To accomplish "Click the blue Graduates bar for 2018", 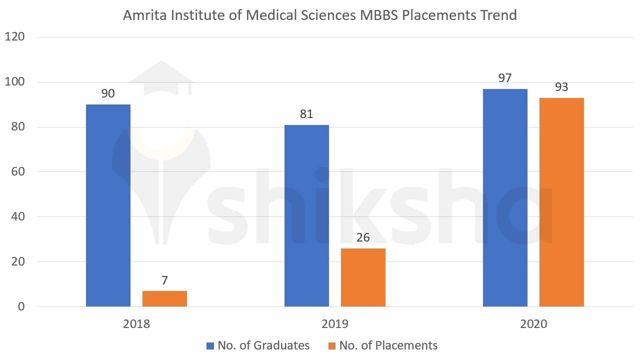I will pos(108,205).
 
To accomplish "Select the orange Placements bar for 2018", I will pos(164,298).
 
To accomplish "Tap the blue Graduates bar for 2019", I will pos(306,215).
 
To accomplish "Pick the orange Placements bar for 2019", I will pos(363,277).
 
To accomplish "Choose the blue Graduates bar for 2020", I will pos(505,197).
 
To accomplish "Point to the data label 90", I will pos(108,93).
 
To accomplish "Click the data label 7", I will pos(164,280).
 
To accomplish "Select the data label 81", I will pos(306,114).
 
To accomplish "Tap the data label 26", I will pos(363,237).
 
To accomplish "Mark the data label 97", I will pos(505,78).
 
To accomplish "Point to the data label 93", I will pos(561,87).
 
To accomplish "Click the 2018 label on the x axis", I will pos(136,324).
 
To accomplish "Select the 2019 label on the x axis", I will pos(335,324).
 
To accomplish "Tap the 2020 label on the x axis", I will pos(533,324).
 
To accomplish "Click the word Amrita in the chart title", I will pos(142,15).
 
